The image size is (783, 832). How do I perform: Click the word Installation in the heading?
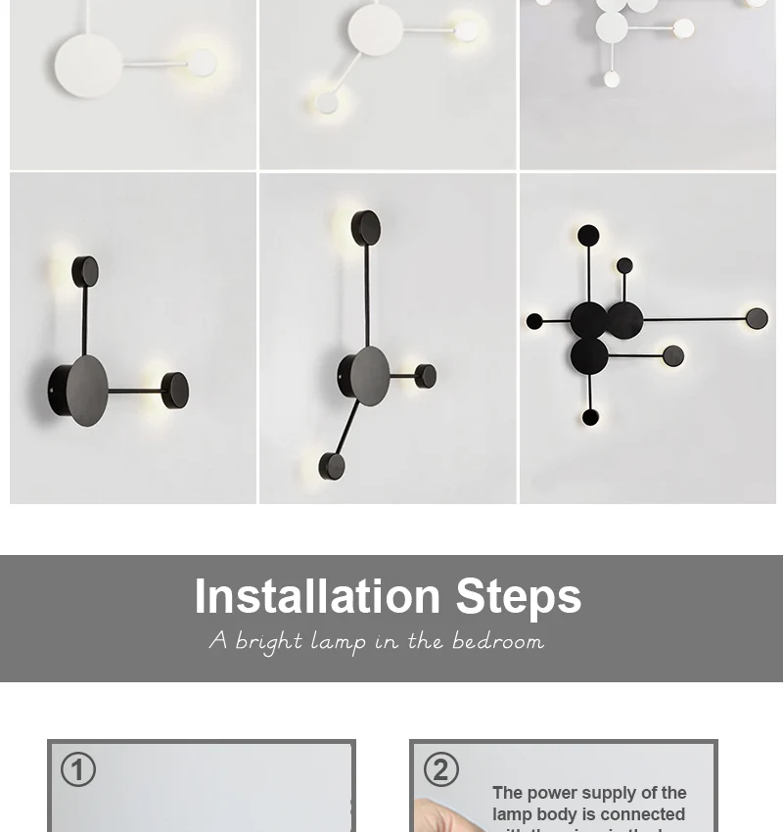(x=317, y=597)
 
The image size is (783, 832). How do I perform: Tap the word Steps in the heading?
(x=518, y=597)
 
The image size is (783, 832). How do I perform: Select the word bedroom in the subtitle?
(x=498, y=641)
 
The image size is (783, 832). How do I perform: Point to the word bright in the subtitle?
(x=269, y=642)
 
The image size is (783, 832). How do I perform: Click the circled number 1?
(x=78, y=769)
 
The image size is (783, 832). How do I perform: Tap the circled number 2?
(x=440, y=769)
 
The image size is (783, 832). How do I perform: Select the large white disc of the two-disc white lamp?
(x=89, y=65)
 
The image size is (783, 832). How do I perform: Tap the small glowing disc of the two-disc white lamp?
(x=202, y=64)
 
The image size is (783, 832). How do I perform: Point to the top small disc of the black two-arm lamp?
(x=85, y=271)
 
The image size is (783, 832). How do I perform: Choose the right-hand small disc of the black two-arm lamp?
(x=174, y=391)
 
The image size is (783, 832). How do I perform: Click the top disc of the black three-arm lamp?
(x=366, y=228)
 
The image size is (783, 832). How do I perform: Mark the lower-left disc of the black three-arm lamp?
(x=332, y=466)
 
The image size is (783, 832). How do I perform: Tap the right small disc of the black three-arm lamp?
(x=426, y=375)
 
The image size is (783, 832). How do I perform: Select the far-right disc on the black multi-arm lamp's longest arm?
(x=757, y=318)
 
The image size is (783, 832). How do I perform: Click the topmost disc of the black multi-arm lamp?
(x=588, y=236)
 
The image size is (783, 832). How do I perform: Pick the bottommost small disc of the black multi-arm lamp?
(x=590, y=418)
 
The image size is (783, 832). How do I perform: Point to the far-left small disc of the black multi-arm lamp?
(x=534, y=321)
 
